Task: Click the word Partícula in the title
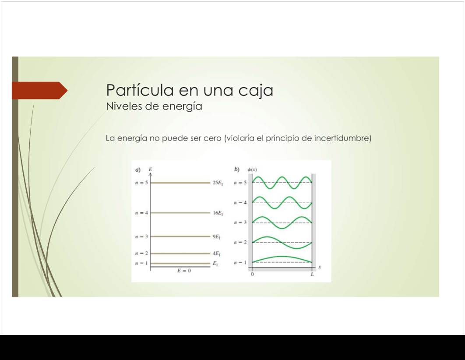point(140,90)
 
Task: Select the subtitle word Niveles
point(124,106)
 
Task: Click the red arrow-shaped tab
point(39,91)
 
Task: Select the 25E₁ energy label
point(218,183)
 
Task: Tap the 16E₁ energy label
point(218,213)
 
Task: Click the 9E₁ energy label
point(216,236)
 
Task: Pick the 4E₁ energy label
point(216,254)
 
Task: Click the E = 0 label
point(184,271)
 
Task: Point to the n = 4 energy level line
point(180,213)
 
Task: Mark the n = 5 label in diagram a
point(141,183)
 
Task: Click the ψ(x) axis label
point(252,169)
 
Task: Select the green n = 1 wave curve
point(282,259)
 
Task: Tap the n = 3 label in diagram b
point(240,222)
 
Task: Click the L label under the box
point(312,274)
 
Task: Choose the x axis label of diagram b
point(320,267)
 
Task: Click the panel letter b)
point(236,169)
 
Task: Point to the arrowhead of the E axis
point(150,174)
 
